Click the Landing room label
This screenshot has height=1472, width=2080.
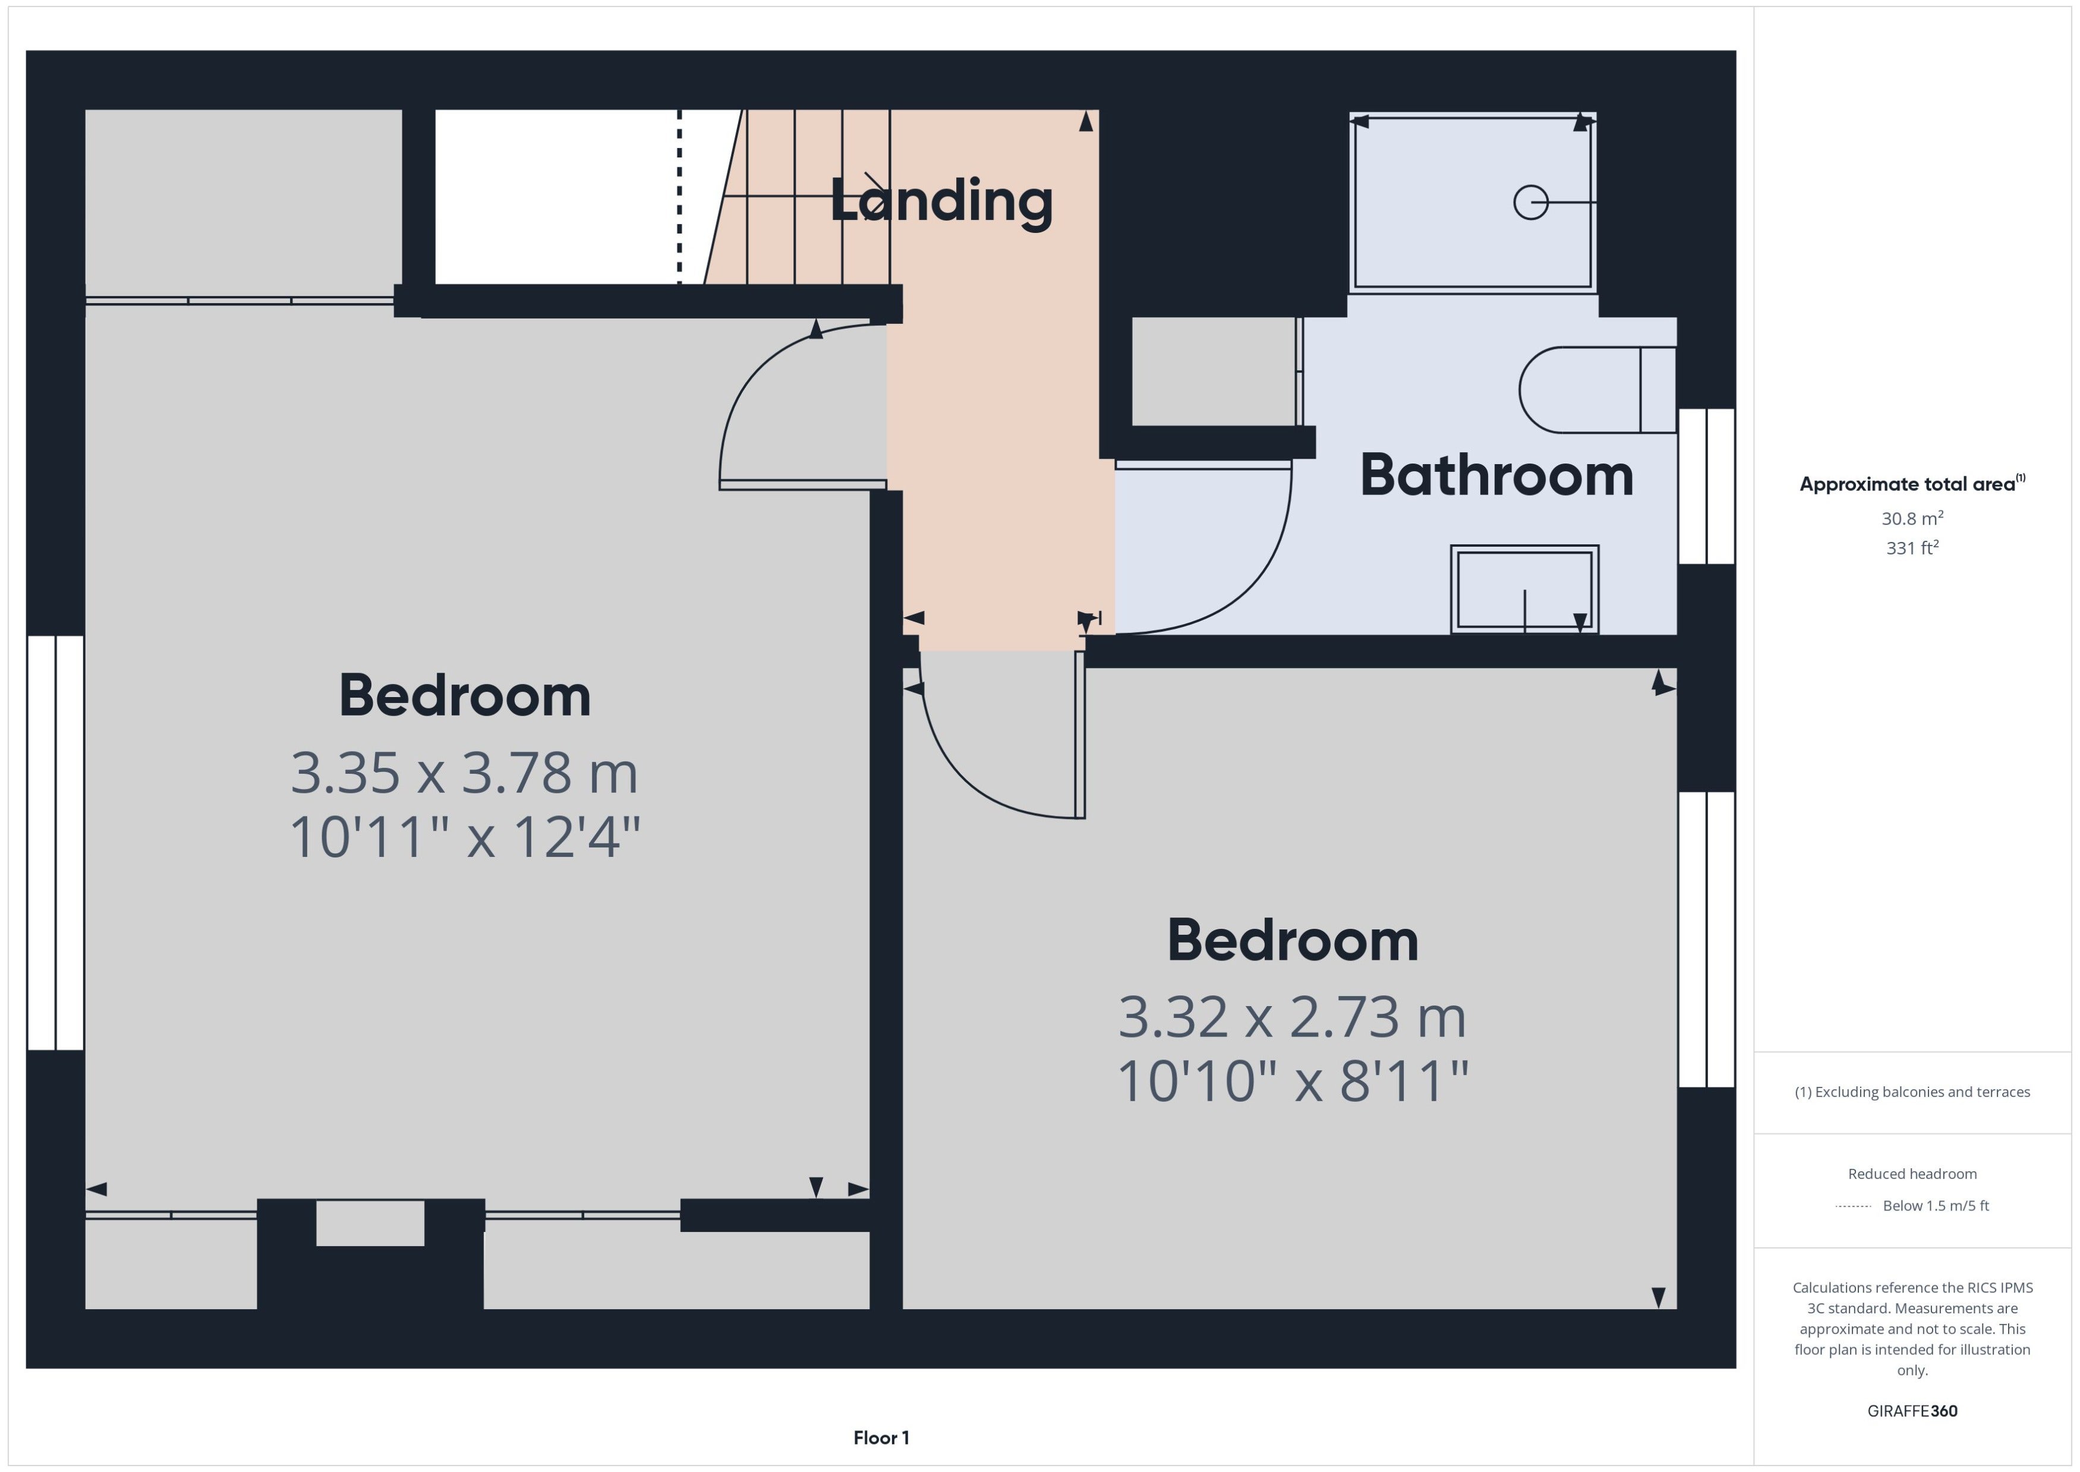942,202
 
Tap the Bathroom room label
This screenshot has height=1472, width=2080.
1496,475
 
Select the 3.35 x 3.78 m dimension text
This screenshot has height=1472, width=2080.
464,773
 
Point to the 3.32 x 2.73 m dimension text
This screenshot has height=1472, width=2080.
1291,1017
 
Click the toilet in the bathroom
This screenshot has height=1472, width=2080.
1597,390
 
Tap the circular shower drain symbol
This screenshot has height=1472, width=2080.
1531,202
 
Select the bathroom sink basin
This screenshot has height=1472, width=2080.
1524,589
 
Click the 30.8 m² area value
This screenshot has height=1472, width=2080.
1912,518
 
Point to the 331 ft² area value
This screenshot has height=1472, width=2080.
1912,547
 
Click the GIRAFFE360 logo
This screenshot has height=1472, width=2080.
1912,1411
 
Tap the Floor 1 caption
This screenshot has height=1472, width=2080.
881,1438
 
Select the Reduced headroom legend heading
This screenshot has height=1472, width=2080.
1912,1174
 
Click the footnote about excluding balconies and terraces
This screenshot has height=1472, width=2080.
1912,1092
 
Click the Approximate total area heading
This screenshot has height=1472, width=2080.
1912,484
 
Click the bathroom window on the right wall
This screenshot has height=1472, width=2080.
1707,487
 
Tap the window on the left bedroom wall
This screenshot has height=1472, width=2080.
55,843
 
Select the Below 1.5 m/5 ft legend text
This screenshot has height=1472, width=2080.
1936,1206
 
